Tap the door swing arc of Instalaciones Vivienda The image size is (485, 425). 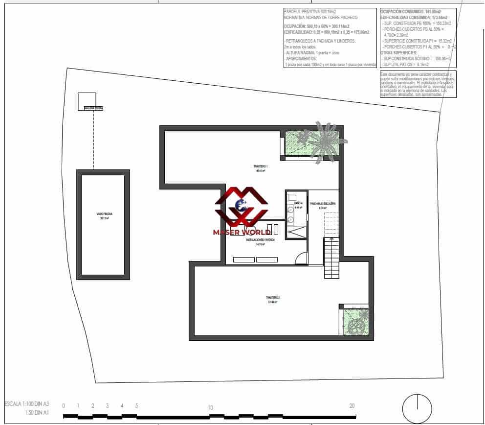(x=302, y=258)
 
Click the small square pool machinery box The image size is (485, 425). (x=87, y=100)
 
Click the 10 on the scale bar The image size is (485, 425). (x=210, y=407)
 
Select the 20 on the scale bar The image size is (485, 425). (x=352, y=406)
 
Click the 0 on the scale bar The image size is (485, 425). (x=64, y=406)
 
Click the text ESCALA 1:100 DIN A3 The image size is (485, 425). (x=27, y=404)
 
